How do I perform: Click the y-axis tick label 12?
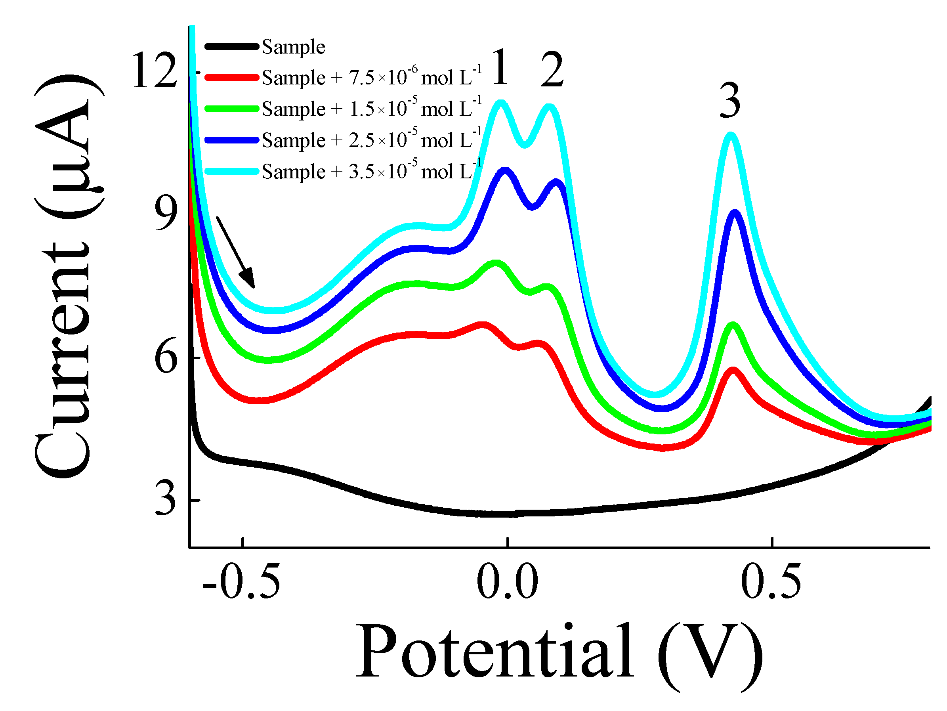(155, 70)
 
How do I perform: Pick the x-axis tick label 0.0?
(507, 582)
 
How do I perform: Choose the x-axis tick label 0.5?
(771, 582)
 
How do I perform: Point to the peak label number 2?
(552, 70)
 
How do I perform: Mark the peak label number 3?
(730, 101)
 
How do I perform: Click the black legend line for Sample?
(232, 46)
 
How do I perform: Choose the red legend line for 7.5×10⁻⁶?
(232, 78)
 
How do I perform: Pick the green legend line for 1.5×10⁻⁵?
(232, 109)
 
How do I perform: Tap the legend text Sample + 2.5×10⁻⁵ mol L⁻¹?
(372, 139)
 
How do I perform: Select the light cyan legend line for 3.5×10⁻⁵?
(232, 171)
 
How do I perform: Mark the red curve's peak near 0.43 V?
(733, 370)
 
